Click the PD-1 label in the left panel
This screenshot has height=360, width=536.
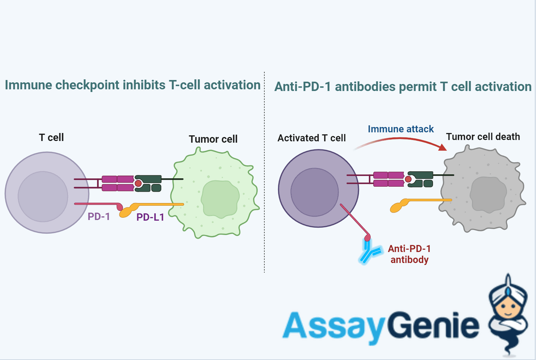[x=99, y=217]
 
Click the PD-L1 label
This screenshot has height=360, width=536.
[x=150, y=217]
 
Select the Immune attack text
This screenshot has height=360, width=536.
[x=401, y=129]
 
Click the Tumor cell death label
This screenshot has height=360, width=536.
[x=483, y=137]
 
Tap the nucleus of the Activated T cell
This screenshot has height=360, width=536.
[x=314, y=192]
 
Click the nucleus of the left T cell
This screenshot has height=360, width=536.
[x=43, y=196]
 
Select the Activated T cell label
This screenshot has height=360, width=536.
[x=311, y=138]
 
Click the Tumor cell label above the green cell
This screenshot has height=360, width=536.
[x=213, y=139]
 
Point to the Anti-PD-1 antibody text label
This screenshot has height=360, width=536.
[x=409, y=254]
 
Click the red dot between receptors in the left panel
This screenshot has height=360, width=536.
[x=138, y=183]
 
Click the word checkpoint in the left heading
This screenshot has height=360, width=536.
[x=87, y=85]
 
